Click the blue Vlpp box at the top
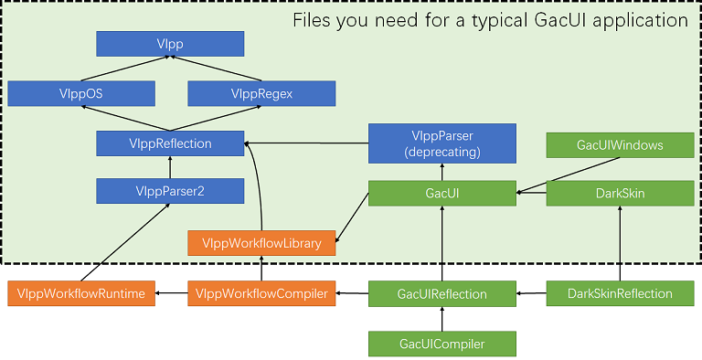170,43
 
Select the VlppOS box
81,93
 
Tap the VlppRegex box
261,93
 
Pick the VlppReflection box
170,143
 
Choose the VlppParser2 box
170,191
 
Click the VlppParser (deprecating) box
441,143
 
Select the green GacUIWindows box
620,144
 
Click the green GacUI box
441,193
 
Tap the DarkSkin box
620,193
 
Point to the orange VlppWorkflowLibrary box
261,242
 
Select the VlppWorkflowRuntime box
81,293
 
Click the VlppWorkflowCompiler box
261,293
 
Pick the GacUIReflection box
441,293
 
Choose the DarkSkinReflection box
620,293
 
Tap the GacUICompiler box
441,344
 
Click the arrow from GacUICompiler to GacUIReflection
441,319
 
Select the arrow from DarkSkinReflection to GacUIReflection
531,293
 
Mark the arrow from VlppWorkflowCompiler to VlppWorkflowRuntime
171,293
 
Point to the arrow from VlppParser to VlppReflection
306,143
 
